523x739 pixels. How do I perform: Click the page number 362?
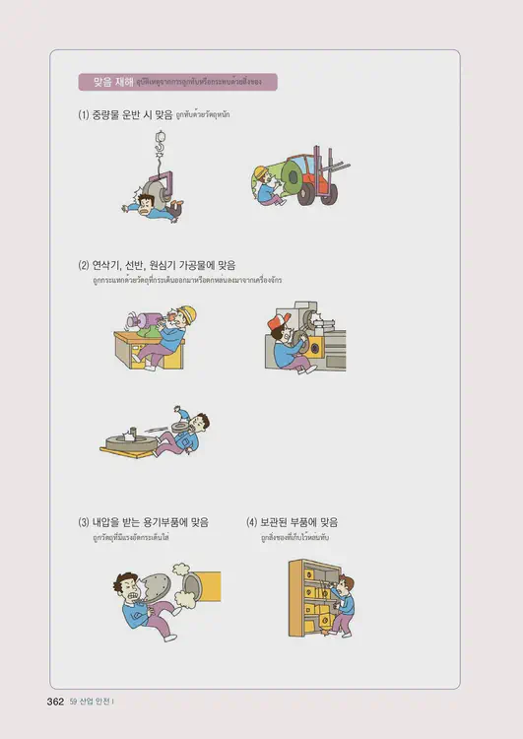[55, 702]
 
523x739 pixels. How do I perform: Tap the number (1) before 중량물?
[84, 115]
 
